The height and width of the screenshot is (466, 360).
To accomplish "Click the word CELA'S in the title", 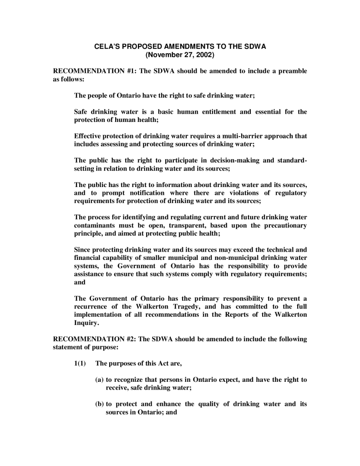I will (x=106, y=47).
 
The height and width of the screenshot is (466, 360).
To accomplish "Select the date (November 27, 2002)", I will (x=179, y=55).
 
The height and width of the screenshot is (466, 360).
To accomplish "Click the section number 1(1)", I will (x=81, y=363).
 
